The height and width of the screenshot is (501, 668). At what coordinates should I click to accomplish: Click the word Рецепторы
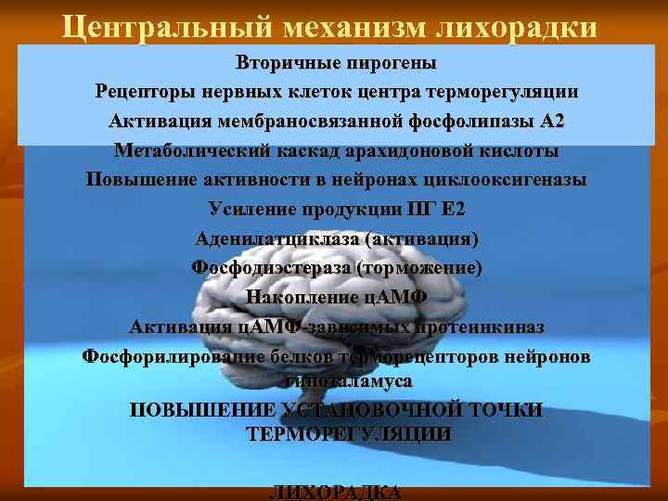tap(140, 93)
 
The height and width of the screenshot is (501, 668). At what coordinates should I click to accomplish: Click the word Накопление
tap(300, 298)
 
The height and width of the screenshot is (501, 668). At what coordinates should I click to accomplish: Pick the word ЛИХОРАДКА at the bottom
tap(335, 493)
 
